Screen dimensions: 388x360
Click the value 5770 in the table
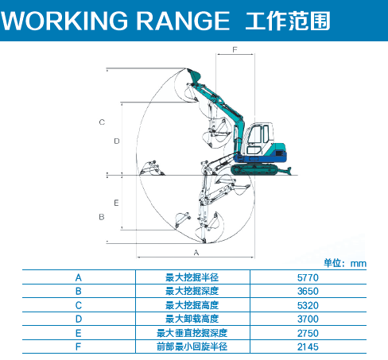coord(308,277)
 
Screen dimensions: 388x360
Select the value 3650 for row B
coord(308,291)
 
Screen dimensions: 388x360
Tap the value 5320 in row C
coord(308,305)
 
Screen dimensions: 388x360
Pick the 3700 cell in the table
coord(308,319)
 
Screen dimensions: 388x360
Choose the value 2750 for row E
coord(308,333)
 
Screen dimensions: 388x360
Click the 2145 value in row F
coord(308,346)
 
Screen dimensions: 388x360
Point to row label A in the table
coord(78,277)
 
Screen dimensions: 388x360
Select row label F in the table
coord(78,346)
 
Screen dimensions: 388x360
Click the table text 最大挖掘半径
coord(192,277)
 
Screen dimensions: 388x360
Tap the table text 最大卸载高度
coord(192,319)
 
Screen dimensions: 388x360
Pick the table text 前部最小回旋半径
coord(192,346)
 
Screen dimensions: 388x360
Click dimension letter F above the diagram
coord(235,49)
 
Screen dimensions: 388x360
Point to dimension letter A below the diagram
coord(196,253)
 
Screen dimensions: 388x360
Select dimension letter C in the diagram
coord(102,122)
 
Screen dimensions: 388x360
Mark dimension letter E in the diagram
coord(116,203)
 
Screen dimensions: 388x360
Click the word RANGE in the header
coord(183,21)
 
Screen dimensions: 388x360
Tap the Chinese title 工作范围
coord(288,21)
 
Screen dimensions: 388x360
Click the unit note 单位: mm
coord(345,263)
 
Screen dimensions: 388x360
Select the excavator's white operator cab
coord(260,138)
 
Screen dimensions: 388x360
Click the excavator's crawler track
coord(254,169)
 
